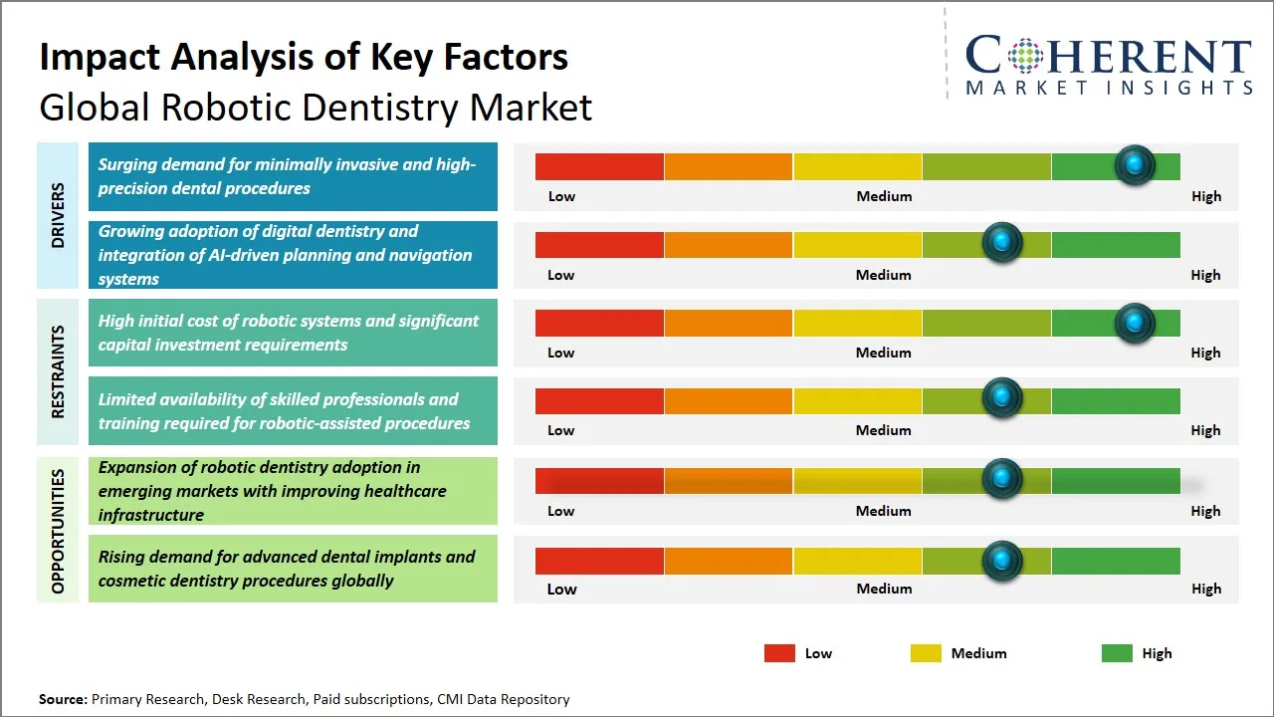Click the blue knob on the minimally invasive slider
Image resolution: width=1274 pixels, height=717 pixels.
click(1135, 165)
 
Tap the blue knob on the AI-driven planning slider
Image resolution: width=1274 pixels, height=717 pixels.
click(1002, 243)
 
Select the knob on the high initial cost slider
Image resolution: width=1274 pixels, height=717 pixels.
click(1135, 323)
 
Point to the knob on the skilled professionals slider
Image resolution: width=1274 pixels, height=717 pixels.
click(1002, 398)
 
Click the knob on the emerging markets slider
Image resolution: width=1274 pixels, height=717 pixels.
click(1002, 479)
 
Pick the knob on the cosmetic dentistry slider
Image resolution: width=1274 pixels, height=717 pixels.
click(1002, 561)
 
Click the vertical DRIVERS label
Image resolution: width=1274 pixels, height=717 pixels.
click(58, 215)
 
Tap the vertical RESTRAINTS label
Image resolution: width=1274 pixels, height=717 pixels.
click(58, 370)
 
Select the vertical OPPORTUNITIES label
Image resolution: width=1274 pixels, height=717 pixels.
click(58, 531)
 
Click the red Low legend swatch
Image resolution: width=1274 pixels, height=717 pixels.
click(779, 653)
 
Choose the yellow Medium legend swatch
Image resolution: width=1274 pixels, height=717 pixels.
click(926, 653)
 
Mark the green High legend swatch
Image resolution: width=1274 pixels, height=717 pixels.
click(1117, 653)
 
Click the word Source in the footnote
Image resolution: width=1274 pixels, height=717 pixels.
click(62, 699)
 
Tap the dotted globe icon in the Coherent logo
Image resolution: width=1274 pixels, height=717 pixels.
click(1025, 56)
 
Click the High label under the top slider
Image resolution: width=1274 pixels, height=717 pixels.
click(1205, 196)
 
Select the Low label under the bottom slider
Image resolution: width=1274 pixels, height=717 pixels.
click(561, 589)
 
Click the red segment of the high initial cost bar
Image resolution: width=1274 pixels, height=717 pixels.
click(599, 323)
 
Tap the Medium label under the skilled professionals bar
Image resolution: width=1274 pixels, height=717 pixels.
click(883, 430)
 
